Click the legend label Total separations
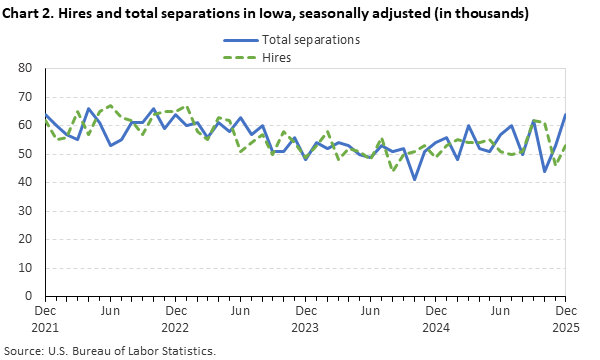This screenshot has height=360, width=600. [x=310, y=40]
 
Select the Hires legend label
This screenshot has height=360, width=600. [x=277, y=58]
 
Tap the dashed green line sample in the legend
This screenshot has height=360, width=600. [x=237, y=58]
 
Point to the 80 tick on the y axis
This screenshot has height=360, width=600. [x=27, y=68]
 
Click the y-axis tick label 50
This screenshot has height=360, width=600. [x=27, y=154]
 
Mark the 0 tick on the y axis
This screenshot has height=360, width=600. [x=30, y=297]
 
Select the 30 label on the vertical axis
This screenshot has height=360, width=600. [x=27, y=211]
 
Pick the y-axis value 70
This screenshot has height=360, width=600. [x=27, y=97]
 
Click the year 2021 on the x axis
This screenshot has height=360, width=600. [x=45, y=327]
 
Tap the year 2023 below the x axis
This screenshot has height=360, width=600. [x=305, y=327]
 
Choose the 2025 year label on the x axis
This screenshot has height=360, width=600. [x=565, y=327]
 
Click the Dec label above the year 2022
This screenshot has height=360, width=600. [x=175, y=311]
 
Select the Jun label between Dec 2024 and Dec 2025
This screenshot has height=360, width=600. [x=500, y=311]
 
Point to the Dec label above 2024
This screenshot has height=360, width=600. [x=435, y=311]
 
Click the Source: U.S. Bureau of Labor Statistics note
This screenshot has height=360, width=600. [x=110, y=350]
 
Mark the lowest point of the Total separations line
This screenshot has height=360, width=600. [x=414, y=179]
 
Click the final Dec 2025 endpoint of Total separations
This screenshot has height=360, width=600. [x=565, y=114]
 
